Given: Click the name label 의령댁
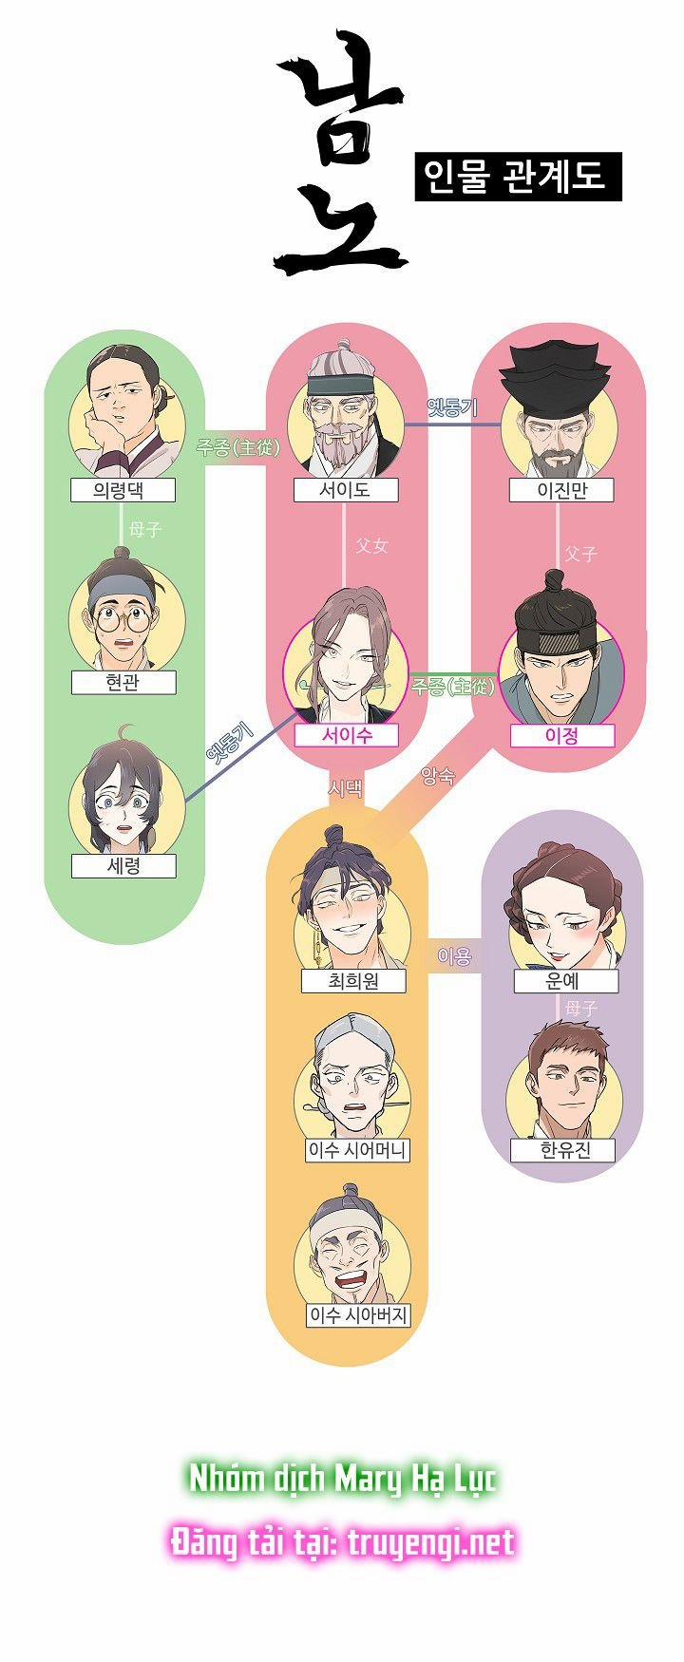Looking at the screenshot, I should [x=123, y=490].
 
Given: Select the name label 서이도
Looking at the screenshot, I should [x=345, y=490].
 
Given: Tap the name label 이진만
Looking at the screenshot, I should [x=561, y=490].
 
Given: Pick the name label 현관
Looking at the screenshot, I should [x=123, y=682].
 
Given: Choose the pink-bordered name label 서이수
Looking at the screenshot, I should [x=346, y=735].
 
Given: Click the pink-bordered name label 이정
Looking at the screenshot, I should [x=561, y=735].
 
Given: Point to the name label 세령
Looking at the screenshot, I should [x=123, y=866].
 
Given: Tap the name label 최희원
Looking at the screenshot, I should [x=353, y=981].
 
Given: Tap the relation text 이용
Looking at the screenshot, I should [x=454, y=956].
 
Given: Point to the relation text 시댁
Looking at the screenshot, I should [x=345, y=787].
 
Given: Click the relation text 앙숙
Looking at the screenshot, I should [x=437, y=776].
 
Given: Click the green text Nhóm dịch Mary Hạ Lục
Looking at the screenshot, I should [x=343, y=1479].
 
